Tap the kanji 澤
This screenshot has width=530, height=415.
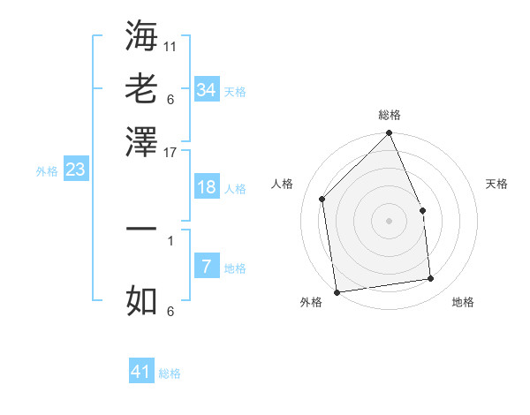(x=141, y=140)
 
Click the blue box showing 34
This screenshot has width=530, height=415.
(x=206, y=89)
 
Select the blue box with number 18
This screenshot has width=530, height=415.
(x=206, y=187)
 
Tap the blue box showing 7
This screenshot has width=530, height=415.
(x=206, y=266)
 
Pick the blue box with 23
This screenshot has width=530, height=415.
(x=75, y=170)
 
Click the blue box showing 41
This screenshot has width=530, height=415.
(x=141, y=372)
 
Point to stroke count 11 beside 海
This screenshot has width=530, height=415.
(x=170, y=44)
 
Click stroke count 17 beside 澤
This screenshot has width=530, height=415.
(x=170, y=151)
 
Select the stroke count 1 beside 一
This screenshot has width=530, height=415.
(x=170, y=239)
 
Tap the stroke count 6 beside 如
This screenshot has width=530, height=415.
(x=170, y=312)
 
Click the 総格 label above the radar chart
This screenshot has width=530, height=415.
(x=390, y=115)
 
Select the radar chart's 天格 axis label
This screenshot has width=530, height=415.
(x=497, y=184)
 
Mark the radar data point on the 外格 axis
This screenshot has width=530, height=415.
(x=336, y=291)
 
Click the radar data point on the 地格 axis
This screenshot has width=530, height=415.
(x=431, y=279)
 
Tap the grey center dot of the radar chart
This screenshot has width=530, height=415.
(x=390, y=221)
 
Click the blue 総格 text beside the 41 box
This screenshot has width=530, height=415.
(x=170, y=373)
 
